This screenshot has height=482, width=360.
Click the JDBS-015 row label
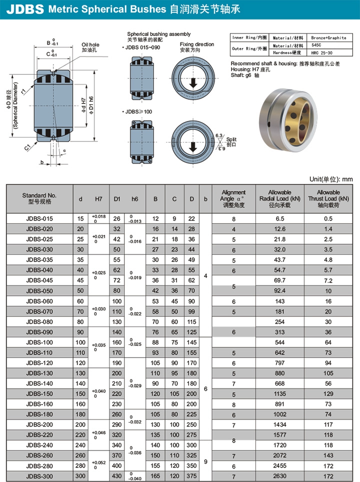[x=39, y=218]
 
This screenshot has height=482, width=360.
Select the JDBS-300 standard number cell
[x=39, y=476]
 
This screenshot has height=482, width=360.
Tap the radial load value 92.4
[x=279, y=290]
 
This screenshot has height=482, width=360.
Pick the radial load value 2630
[x=279, y=476]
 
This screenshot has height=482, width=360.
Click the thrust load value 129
[x=328, y=394]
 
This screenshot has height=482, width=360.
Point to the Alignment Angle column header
[x=233, y=198]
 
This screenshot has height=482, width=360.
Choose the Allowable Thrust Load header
[x=328, y=198]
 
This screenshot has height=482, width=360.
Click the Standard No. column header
[x=39, y=198]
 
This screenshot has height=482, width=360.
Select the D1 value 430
[x=117, y=476]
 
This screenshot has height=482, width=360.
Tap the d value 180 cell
[x=80, y=414]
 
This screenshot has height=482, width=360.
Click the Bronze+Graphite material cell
[x=328, y=38]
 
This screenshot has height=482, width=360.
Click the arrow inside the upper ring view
[x=193, y=83]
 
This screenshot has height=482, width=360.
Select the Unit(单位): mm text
[x=331, y=179]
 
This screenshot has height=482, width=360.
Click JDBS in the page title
[x=25, y=9]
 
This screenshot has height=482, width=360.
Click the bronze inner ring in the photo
[x=296, y=121]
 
